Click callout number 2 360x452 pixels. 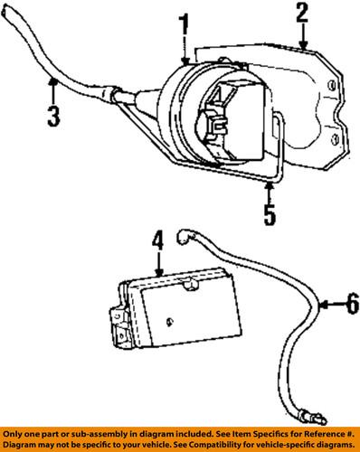302,14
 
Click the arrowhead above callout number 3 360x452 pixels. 54,84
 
